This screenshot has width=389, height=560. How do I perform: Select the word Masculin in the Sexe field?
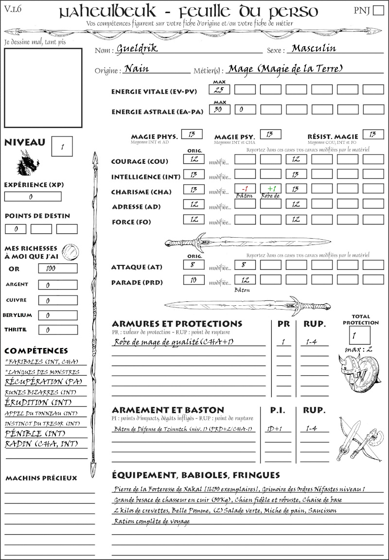314,48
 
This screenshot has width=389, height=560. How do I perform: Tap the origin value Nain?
137,69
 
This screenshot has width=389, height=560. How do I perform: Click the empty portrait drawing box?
43,87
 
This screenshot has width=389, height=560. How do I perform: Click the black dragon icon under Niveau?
27,163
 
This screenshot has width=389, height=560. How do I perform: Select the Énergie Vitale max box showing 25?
219,89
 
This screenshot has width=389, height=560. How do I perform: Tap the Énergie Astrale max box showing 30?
219,110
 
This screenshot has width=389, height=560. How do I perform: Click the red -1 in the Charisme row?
245,189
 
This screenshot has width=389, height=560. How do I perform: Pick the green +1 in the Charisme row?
270,189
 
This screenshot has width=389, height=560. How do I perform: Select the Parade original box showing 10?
194,280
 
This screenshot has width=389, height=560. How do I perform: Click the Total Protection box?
359,335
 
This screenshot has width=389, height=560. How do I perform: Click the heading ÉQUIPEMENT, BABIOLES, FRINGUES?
195,474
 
